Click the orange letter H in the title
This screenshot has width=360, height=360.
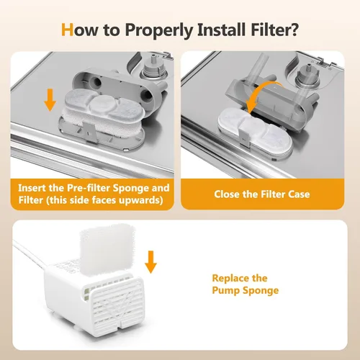pos(67,30)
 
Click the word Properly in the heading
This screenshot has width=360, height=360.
pos(158,30)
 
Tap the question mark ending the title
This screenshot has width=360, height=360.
pos(293,30)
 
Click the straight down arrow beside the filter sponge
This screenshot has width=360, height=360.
pos(50,100)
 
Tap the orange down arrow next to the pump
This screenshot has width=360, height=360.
pos(150,262)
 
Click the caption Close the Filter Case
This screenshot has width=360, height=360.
pos(262,194)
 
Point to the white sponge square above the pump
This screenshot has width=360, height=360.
pos(107,250)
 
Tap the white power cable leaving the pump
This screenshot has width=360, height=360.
pos(30,254)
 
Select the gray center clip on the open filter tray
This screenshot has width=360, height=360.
pos(89,132)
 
